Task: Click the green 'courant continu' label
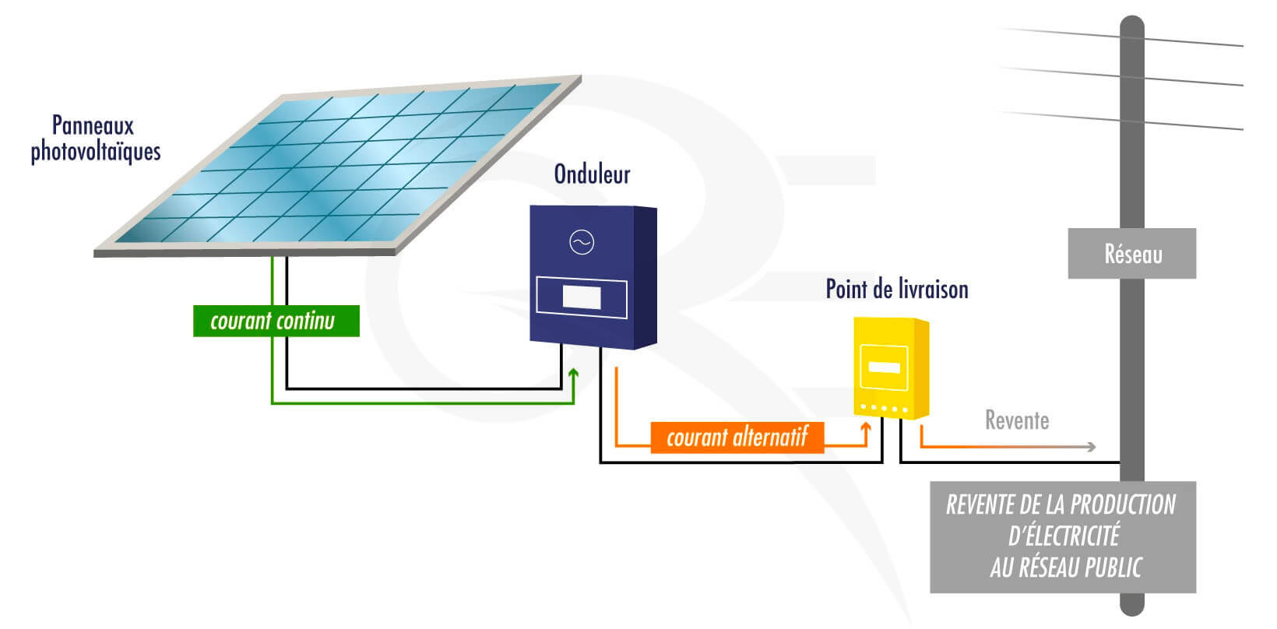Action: (x=276, y=321)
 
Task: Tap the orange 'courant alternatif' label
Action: (x=736, y=437)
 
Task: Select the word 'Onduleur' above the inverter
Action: (x=592, y=174)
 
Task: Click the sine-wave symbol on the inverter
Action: (x=582, y=243)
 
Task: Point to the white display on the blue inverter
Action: (x=582, y=297)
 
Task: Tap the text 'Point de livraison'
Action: (x=897, y=290)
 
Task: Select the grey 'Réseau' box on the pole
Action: (x=1131, y=254)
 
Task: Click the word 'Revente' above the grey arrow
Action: (x=1017, y=420)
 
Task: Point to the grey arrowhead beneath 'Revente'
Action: (x=1092, y=447)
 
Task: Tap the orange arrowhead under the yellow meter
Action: (x=866, y=427)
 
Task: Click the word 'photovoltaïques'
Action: (x=96, y=151)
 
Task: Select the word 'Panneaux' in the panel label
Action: (x=93, y=125)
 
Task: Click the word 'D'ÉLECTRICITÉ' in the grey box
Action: (x=1064, y=536)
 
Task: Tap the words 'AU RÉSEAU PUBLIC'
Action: (x=1065, y=568)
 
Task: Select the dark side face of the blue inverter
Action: (x=646, y=277)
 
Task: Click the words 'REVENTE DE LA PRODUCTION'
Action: (x=1061, y=505)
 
